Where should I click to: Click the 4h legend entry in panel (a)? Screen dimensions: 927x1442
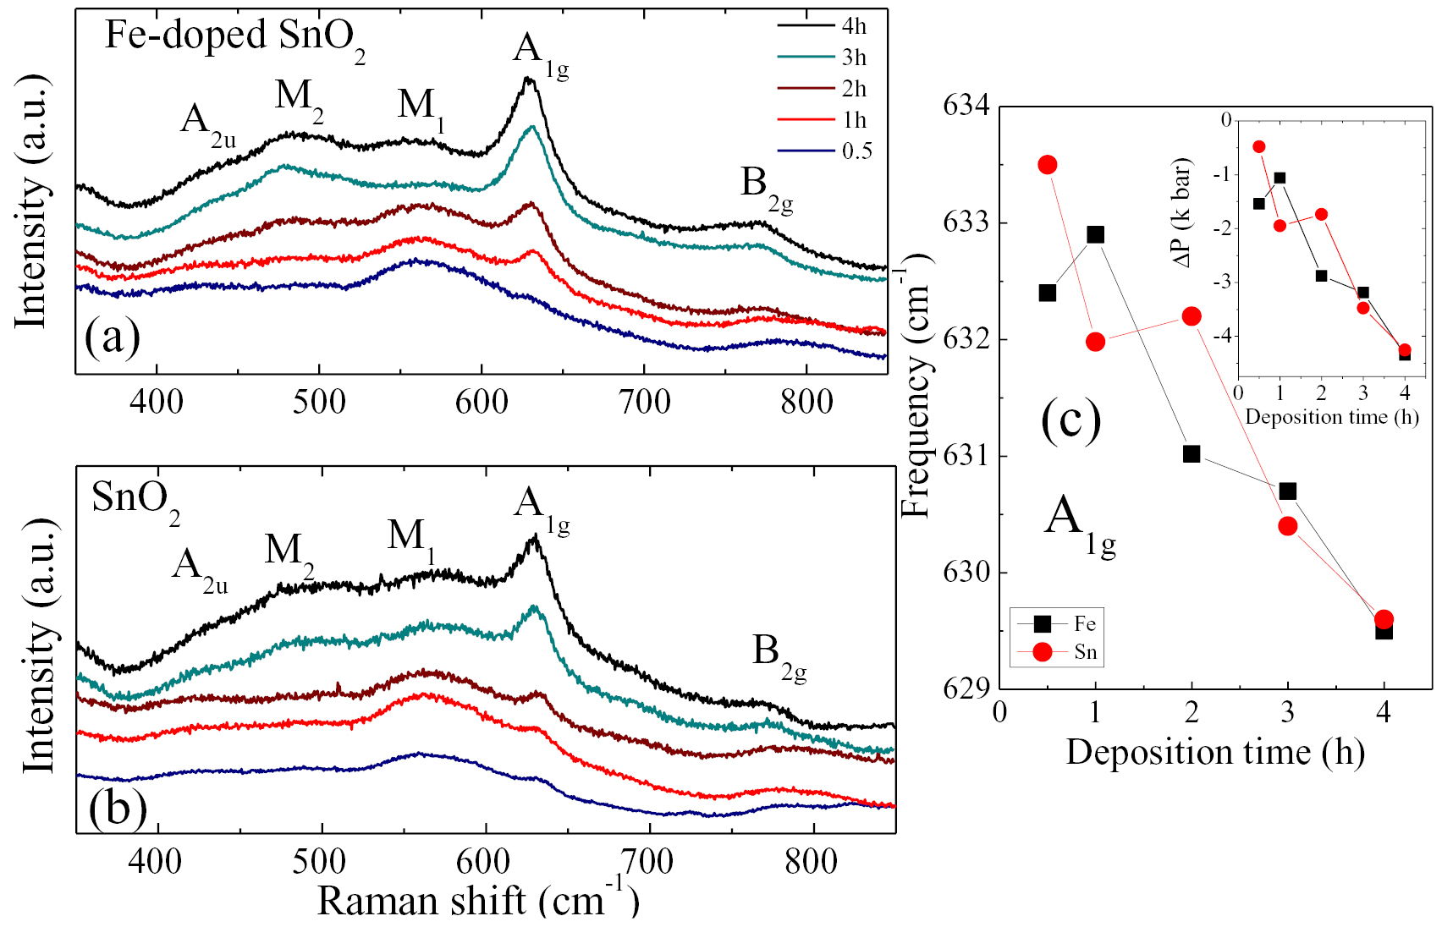(853, 26)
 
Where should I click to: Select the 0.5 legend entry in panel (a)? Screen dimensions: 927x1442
(856, 151)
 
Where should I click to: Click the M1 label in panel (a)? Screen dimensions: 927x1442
(420, 108)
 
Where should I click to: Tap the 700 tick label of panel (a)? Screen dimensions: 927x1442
(644, 401)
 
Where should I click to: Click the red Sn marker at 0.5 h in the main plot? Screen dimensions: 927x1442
(1048, 165)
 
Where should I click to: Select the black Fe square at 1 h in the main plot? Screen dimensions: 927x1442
(1096, 234)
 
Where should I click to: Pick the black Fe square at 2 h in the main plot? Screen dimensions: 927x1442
(1192, 454)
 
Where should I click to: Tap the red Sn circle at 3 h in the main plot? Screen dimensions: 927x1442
(1288, 526)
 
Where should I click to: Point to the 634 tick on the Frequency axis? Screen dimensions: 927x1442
(966, 107)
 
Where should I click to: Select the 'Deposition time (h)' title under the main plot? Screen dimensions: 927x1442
(1214, 752)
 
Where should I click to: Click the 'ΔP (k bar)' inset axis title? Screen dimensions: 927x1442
(1182, 211)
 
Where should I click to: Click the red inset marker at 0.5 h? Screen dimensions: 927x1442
(1259, 147)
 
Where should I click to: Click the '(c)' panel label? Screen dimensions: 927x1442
(1070, 420)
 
